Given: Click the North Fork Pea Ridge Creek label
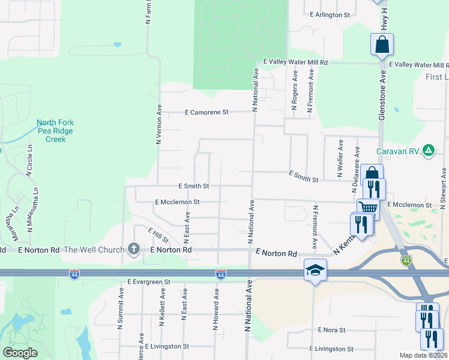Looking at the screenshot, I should (55, 131).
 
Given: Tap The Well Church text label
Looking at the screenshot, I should (94, 250).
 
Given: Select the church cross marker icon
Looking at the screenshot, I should (133, 249).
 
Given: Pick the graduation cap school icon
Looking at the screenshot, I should (315, 270).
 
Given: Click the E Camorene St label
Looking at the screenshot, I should (207, 112).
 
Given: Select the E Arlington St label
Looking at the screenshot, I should (328, 14).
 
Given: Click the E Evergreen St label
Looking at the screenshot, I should (149, 281).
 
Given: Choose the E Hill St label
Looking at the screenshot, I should (158, 235).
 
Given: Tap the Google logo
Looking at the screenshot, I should (20, 353).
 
